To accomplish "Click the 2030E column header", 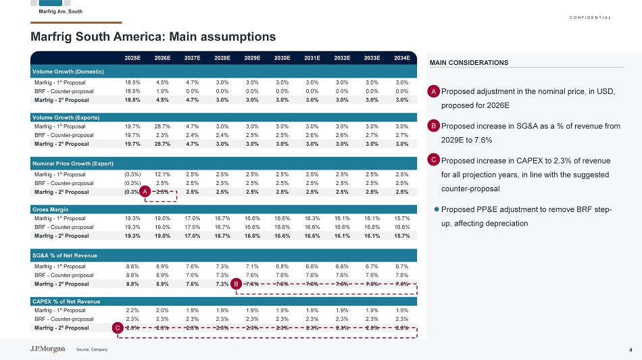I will pyautogui.click(x=282, y=58).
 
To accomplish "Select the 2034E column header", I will pyautogui.click(x=402, y=58).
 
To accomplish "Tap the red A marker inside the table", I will pyautogui.click(x=145, y=192).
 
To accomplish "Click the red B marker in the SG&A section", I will pyautogui.click(x=235, y=284).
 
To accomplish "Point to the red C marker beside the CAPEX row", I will pyautogui.click(x=118, y=328).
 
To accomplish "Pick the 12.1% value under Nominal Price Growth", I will pyautogui.click(x=162, y=174).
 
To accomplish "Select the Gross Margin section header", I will pyautogui.click(x=51, y=209).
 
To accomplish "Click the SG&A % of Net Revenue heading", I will pyautogui.click(x=65, y=256).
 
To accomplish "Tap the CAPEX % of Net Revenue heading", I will pyautogui.click(x=66, y=301).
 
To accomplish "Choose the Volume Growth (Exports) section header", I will pyautogui.click(x=67, y=118).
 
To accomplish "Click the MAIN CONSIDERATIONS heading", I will pyautogui.click(x=469, y=63).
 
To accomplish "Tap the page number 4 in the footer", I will pyautogui.click(x=631, y=349).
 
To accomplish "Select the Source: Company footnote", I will pyautogui.click(x=92, y=350).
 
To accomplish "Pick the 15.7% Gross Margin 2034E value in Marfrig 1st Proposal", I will pyautogui.click(x=402, y=218).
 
